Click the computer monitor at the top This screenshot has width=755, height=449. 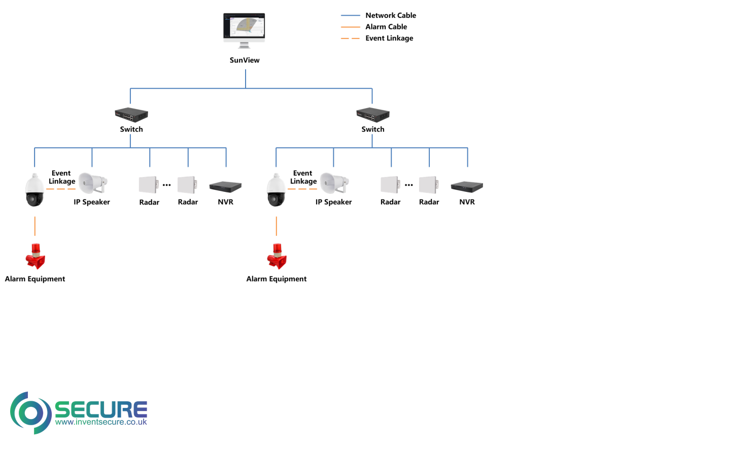(244, 29)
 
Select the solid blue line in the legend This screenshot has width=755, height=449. (350, 16)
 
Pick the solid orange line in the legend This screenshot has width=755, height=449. (350, 27)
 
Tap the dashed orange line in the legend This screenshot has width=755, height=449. (350, 38)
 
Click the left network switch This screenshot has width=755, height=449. (131, 115)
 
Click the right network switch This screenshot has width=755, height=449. (373, 115)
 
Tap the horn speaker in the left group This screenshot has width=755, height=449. (92, 183)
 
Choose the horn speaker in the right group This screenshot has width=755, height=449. (333, 183)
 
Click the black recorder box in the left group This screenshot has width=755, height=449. (225, 186)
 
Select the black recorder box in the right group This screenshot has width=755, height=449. (467, 186)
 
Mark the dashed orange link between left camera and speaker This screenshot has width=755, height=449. (61, 189)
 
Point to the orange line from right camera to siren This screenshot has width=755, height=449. (277, 226)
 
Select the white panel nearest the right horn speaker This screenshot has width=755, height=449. (390, 185)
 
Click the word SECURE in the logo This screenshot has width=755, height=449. (100, 409)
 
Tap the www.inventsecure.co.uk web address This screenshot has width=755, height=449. (101, 422)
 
